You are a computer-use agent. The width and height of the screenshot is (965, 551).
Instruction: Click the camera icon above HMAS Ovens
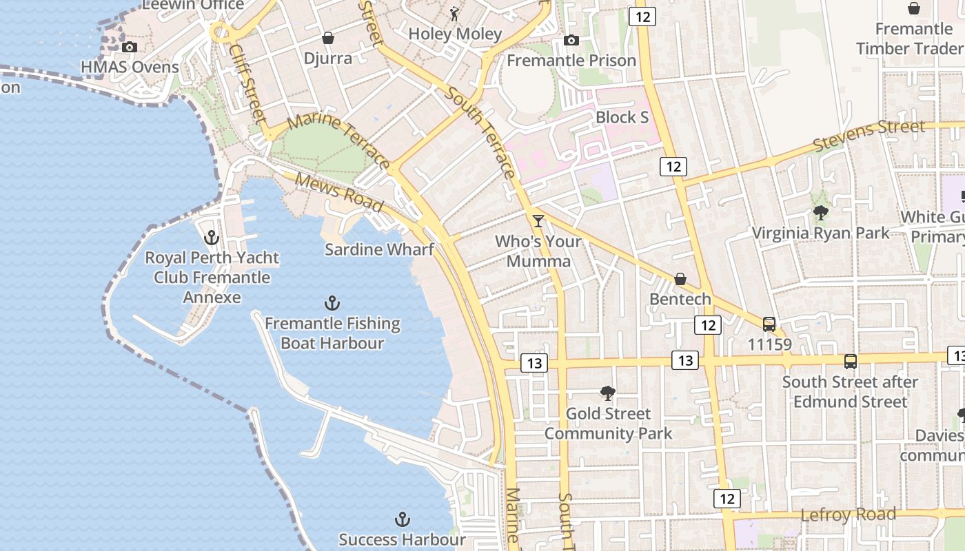point(129,48)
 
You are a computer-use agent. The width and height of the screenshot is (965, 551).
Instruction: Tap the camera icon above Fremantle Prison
point(571,41)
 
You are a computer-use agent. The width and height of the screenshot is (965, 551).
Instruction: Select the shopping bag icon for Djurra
point(328,38)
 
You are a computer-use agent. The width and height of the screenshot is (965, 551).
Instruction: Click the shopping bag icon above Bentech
point(680,279)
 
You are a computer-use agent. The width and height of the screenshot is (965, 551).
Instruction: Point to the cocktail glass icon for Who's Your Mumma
point(538,221)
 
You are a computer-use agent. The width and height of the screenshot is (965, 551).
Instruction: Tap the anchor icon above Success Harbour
point(402,519)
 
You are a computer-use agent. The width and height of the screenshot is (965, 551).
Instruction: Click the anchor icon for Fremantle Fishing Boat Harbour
point(332,303)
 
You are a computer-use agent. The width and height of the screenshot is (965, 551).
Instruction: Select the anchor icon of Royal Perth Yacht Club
point(212,238)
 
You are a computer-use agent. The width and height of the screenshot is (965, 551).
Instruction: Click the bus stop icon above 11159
point(769,324)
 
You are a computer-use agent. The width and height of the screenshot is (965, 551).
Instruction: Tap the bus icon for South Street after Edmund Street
point(851,362)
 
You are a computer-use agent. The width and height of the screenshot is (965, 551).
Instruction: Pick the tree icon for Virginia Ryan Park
point(820,213)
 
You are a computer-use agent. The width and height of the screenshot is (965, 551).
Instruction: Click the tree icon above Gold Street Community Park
point(607,393)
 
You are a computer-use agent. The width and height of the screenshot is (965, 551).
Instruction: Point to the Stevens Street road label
point(868,136)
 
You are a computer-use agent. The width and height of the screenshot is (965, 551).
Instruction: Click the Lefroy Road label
point(848,515)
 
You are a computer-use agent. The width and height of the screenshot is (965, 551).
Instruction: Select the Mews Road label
point(338,192)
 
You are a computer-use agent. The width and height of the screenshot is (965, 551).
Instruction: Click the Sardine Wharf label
point(379,249)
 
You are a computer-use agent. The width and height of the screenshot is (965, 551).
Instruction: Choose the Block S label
point(622,118)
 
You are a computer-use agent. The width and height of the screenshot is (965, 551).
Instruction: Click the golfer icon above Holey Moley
point(454,14)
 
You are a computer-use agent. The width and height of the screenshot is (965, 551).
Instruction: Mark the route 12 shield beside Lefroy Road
point(727,499)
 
